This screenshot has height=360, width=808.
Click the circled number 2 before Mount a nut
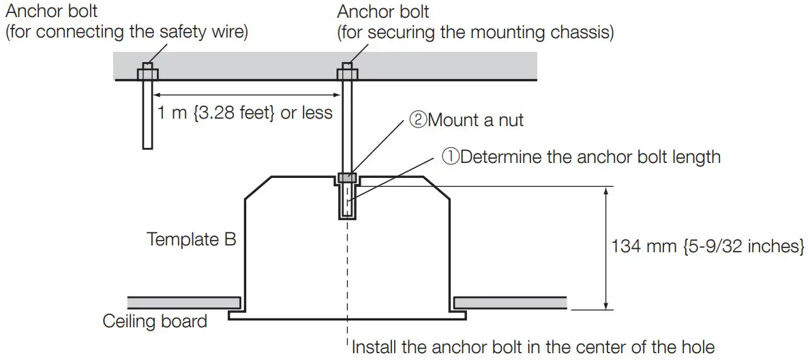pos(417,121)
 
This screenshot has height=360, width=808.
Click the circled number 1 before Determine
pos(451,157)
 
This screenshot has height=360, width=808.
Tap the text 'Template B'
pos(191,239)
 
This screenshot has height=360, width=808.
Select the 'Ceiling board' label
pos(155,320)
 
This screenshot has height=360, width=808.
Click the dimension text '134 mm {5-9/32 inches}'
pos(708,245)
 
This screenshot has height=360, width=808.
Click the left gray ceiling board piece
pos(183,301)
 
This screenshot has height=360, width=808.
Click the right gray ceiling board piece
pos(510,301)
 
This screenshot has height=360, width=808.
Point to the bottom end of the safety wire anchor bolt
pos(147,146)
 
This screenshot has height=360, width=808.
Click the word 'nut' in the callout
pos(509,121)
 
